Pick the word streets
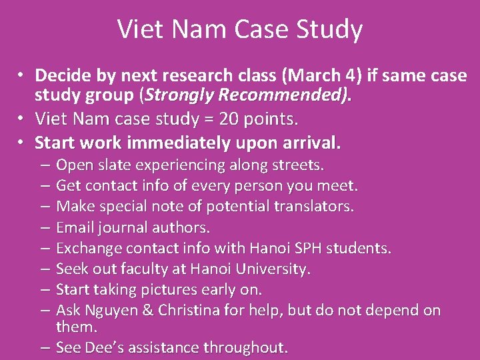coord(299,165)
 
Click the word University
coord(275,269)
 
